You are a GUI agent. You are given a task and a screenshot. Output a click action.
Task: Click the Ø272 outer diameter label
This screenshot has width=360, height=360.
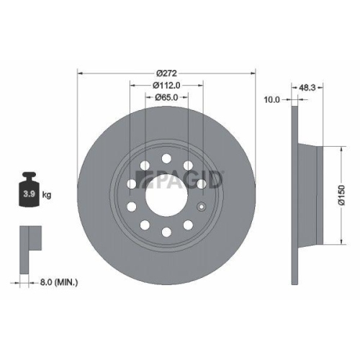[166, 73]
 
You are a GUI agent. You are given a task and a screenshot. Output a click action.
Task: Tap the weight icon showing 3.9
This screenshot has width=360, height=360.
[30, 188]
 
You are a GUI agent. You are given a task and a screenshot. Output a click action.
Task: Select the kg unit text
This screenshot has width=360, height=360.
[48, 194]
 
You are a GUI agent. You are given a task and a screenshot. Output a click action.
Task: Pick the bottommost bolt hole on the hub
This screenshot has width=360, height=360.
[166, 231]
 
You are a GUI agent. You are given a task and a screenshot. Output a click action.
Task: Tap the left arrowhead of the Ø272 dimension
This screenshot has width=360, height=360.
[79, 73]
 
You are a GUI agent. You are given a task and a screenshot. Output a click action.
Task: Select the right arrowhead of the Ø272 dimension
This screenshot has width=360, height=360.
[253, 73]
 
